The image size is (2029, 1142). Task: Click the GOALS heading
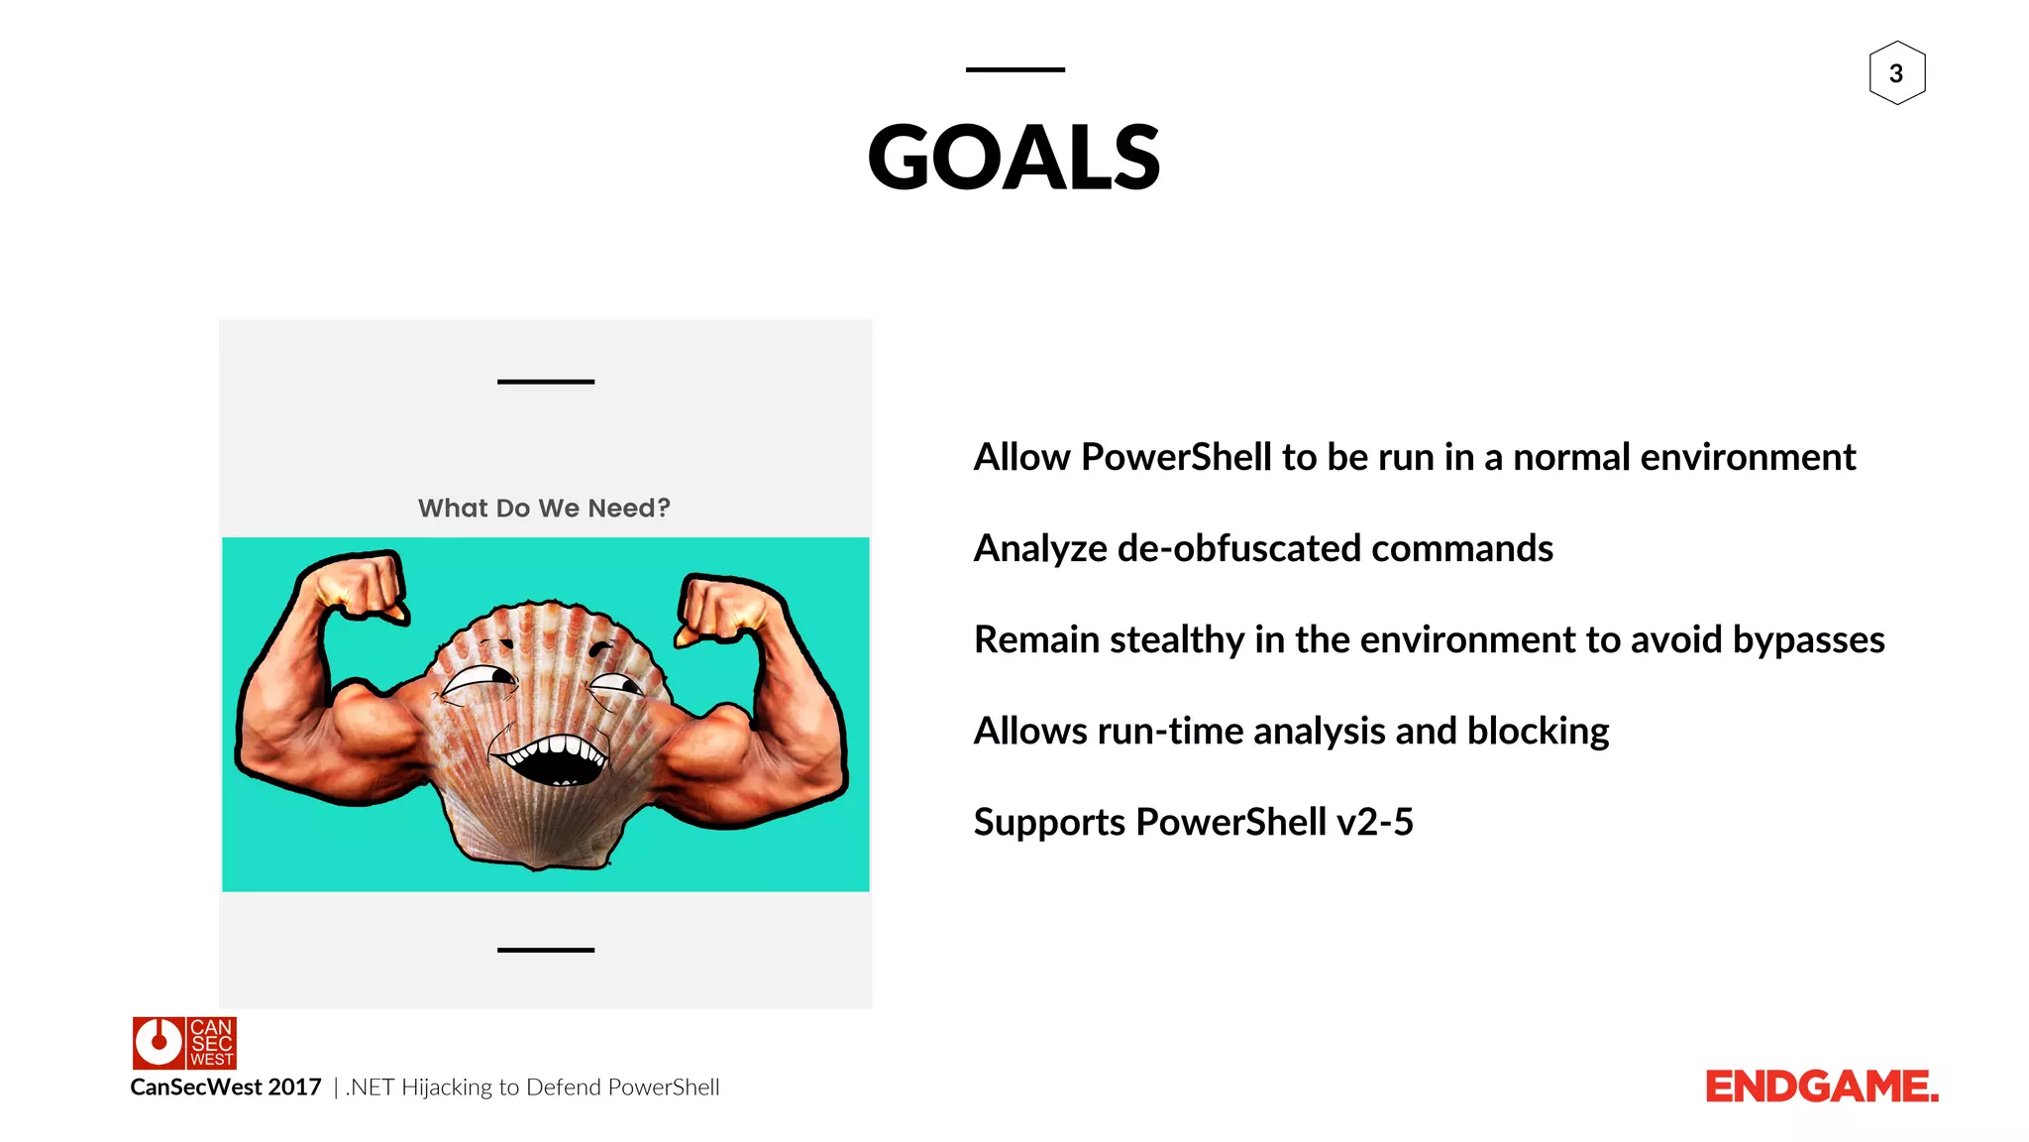(1014, 159)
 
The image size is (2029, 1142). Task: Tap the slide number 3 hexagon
(1896, 73)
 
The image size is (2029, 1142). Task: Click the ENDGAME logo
(1821, 1086)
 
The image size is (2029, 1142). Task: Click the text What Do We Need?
(544, 508)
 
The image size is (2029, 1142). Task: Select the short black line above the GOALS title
(1014, 69)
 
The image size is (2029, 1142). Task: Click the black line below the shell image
(545, 950)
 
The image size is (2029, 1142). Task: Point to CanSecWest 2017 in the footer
(226, 1087)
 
